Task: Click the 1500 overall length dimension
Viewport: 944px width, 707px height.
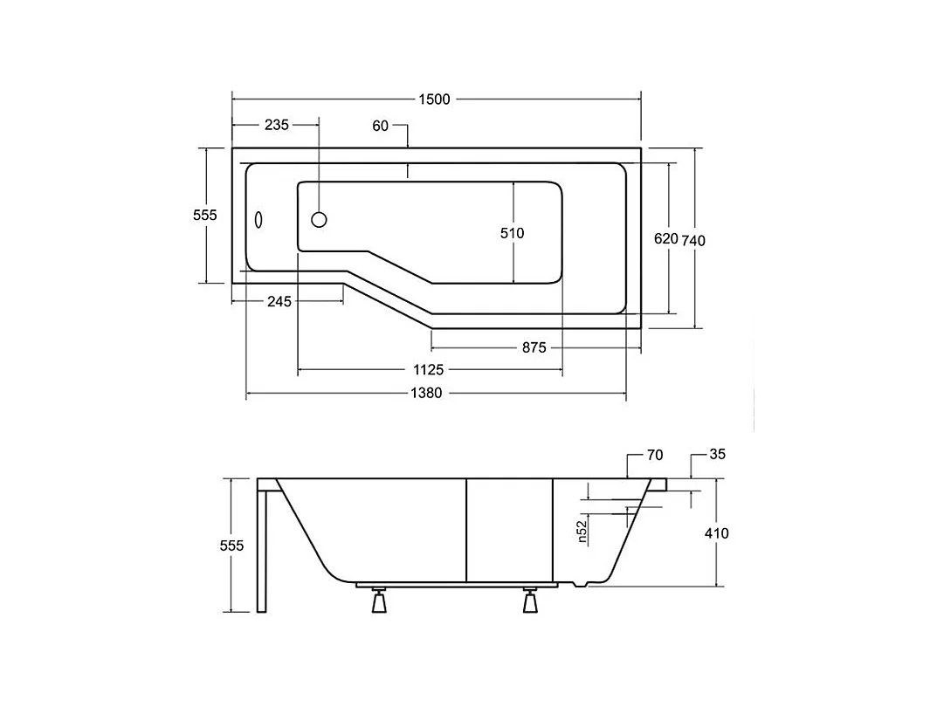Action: pos(434,100)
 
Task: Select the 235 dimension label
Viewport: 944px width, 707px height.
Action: pos(276,126)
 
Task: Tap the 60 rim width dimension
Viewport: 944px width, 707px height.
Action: pos(380,127)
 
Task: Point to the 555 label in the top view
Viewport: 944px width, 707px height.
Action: pos(205,215)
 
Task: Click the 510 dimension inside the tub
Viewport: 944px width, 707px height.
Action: pos(512,233)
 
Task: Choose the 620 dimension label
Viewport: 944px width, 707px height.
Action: pos(665,239)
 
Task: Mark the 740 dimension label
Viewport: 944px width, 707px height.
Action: pos(693,241)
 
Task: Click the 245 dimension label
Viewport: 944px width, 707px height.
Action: pos(279,302)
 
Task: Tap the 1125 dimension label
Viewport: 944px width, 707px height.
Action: pos(429,371)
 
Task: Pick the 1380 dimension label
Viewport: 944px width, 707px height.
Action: pos(426,394)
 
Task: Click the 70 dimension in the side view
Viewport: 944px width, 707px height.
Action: pos(655,455)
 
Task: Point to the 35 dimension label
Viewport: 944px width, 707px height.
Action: pos(718,455)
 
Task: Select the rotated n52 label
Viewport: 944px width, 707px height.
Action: pos(582,531)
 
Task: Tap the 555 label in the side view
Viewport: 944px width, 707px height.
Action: pos(231,546)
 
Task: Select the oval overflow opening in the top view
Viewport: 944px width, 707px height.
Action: pos(259,221)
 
